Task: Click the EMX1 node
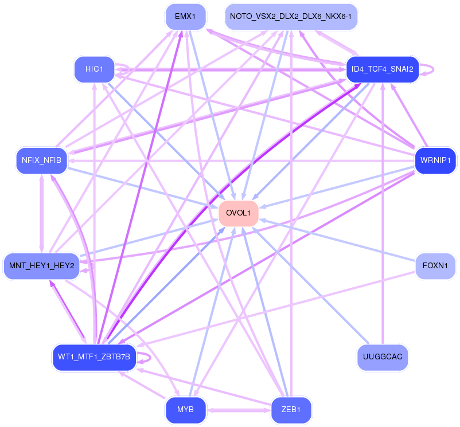click(x=185, y=17)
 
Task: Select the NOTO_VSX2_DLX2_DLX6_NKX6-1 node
click(x=291, y=17)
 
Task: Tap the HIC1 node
click(x=94, y=69)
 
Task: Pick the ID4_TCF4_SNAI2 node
click(x=382, y=69)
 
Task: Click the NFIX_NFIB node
click(x=42, y=160)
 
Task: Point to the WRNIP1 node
click(x=435, y=160)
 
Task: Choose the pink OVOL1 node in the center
click(x=238, y=213)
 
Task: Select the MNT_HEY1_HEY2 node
click(x=42, y=266)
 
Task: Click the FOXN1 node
click(x=435, y=266)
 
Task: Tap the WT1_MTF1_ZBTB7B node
click(x=94, y=357)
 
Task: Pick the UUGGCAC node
click(x=382, y=357)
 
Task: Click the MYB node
click(x=185, y=410)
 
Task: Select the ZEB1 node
click(x=291, y=410)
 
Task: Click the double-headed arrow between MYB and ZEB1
click(x=238, y=410)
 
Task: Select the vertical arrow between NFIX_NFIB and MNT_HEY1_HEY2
click(x=42, y=213)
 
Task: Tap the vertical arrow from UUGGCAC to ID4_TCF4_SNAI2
click(x=383, y=213)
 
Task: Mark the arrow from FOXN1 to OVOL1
click(x=337, y=240)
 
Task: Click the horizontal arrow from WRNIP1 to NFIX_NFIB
click(x=241, y=161)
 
